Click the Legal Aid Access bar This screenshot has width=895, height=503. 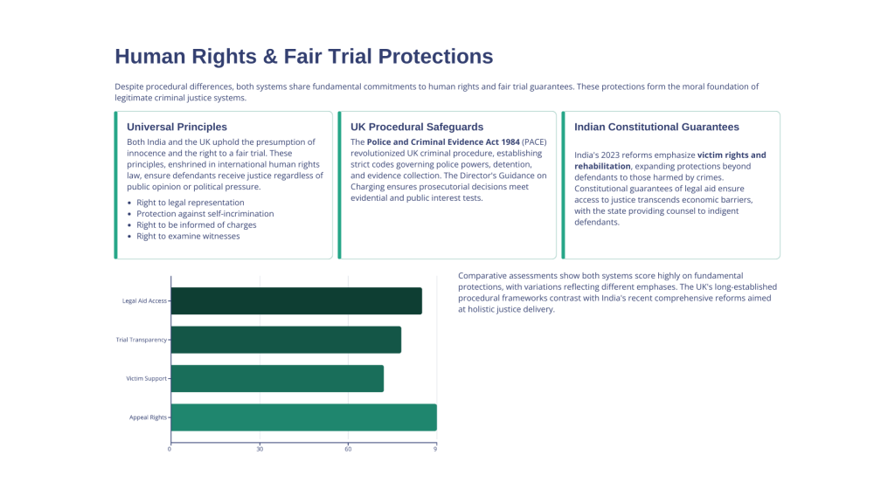coord(296,301)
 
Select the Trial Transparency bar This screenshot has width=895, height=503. coord(286,340)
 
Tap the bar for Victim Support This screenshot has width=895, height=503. coord(277,379)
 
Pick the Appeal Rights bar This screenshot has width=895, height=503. coord(303,417)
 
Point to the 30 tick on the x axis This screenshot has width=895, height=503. coord(260,449)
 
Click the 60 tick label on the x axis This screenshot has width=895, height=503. coord(348,449)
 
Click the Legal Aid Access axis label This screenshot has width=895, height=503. coord(144,301)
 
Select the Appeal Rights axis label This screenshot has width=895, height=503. coord(148,417)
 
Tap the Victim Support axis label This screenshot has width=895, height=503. coord(147,379)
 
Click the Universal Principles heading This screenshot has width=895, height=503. coord(177,127)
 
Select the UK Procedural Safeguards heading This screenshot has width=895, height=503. coord(417,127)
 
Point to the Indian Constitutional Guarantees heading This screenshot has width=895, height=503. coord(656,127)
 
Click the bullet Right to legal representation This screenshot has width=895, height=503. coord(190,203)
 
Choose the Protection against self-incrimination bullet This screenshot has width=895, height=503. coord(205,214)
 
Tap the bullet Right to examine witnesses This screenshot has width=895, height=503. coord(188,236)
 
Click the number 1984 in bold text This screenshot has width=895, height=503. coord(510,142)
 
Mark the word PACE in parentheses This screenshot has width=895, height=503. coord(534,142)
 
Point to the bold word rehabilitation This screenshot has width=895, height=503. coord(602,167)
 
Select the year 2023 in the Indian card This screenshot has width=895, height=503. coord(609,155)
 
